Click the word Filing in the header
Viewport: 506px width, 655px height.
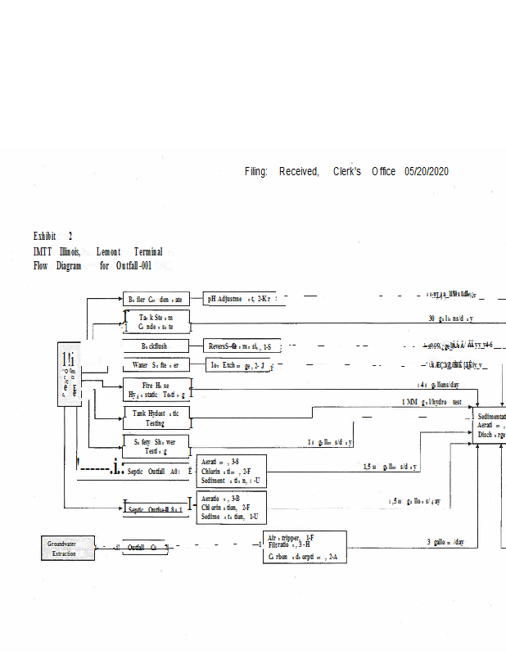[x=255, y=171]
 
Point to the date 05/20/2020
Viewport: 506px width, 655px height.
[x=426, y=171]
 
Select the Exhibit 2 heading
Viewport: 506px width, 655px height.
[x=53, y=236]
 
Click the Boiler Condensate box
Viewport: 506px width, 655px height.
[x=157, y=300]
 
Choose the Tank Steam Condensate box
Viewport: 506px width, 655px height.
[x=156, y=322]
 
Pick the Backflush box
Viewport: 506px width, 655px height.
[x=156, y=346]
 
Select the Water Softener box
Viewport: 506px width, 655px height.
[x=156, y=364]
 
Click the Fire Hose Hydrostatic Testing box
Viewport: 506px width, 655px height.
[x=156, y=390]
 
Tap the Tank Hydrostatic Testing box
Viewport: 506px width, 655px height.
[x=156, y=418]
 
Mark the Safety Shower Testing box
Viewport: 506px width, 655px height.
[x=156, y=446]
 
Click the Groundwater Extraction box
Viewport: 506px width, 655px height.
[x=67, y=548]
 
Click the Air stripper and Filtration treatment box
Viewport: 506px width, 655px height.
[x=298, y=547]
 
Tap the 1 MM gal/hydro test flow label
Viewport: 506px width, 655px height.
[x=431, y=402]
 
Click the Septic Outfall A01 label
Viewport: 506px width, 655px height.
[x=155, y=472]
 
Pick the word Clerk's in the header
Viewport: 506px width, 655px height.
[x=347, y=171]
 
